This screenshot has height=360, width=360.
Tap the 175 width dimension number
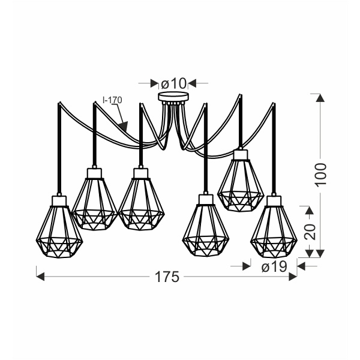click(167, 277)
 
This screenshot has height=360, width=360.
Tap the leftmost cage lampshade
click(58, 231)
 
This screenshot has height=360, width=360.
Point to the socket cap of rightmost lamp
click(273, 200)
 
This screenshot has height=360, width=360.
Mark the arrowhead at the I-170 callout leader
click(123, 127)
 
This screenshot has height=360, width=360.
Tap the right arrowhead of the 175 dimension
click(293, 276)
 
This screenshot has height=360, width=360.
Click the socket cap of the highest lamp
click(241, 155)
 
